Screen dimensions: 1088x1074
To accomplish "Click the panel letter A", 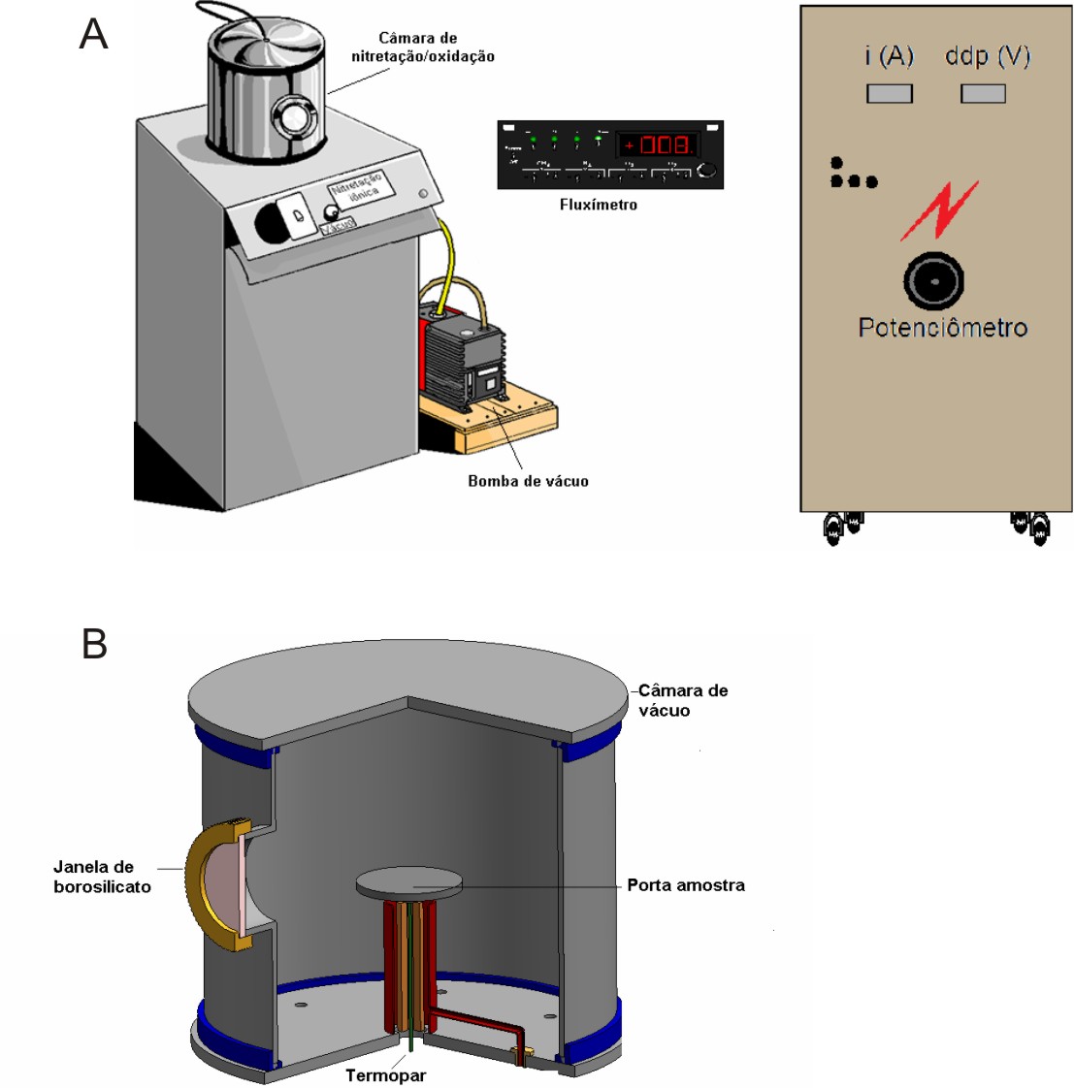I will coord(93,35).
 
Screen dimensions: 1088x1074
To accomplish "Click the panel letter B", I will coord(94,644).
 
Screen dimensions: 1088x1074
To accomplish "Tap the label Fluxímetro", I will coord(599,205).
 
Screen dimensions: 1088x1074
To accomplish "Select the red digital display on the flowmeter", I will coord(659,145).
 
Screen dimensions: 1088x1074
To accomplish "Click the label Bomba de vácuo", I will coord(528,481).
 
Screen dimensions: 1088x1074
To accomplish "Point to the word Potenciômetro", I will coord(942,328).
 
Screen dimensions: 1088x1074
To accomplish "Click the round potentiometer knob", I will coord(933,281).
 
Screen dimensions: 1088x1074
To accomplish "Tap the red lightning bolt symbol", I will coord(938,210).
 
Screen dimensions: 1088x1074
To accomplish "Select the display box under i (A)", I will coord(889,94).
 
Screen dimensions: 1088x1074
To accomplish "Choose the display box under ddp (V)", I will coord(983,94).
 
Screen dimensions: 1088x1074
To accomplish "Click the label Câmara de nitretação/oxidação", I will coord(422,48).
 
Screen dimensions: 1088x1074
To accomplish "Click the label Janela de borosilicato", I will coord(102,877).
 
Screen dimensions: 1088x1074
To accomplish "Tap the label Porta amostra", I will coord(686,885).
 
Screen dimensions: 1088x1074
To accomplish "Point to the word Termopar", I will coord(386,1075).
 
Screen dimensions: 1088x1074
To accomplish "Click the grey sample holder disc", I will coord(408,883).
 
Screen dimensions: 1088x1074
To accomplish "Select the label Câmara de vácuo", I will coord(682,700).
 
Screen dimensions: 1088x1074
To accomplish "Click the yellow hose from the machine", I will coord(445,254).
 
